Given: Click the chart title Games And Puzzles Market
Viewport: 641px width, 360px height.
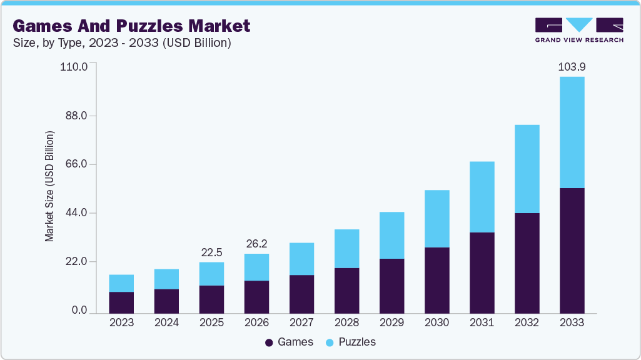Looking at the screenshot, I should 131,26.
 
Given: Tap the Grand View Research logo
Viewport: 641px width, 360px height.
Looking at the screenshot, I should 579,30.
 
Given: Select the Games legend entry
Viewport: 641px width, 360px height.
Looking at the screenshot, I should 289,342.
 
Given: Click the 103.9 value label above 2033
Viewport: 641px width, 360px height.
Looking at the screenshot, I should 572,66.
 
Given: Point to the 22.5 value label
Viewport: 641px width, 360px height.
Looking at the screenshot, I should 211,252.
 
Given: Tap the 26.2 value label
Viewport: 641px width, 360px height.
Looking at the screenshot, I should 256,244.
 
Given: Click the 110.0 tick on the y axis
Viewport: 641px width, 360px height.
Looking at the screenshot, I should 74,66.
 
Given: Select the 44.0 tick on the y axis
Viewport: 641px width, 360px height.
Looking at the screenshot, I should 76,213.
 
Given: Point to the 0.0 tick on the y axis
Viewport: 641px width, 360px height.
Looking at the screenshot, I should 79,311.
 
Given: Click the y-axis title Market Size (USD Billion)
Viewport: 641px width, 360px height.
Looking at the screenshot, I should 49,187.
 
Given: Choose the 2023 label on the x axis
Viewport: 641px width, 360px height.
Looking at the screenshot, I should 121,322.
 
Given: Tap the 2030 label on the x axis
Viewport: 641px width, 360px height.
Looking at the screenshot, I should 437,322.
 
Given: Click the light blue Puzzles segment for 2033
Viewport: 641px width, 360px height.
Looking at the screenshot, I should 572,132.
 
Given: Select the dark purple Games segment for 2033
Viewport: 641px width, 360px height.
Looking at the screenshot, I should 572,250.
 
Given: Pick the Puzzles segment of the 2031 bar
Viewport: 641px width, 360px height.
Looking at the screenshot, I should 482,197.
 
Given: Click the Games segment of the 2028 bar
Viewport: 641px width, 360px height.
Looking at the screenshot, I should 346,290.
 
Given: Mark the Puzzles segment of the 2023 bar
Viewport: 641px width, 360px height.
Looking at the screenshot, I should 121,283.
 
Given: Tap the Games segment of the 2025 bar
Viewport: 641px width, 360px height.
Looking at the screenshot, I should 211,299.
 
